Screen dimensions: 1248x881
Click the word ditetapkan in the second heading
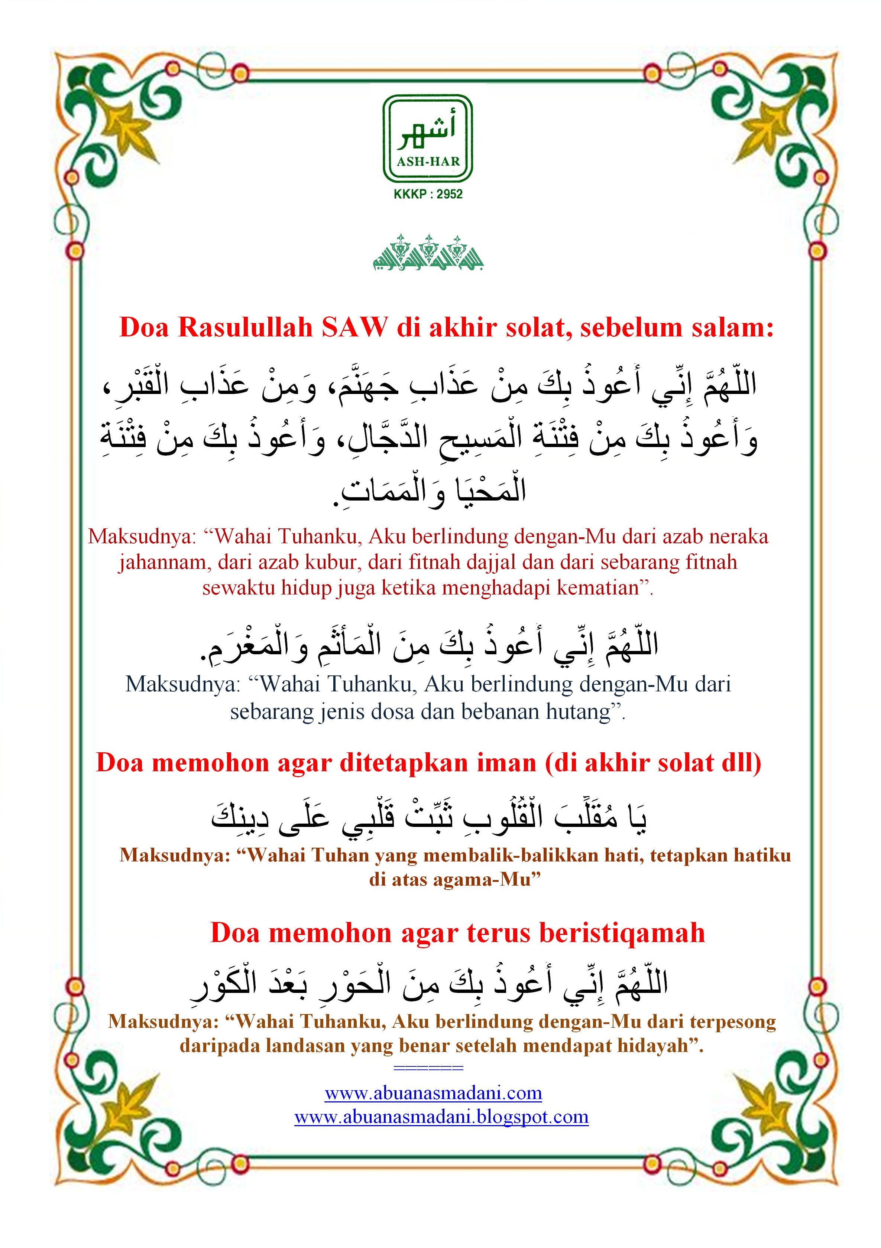point(404,763)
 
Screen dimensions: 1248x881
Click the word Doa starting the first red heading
point(143,328)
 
